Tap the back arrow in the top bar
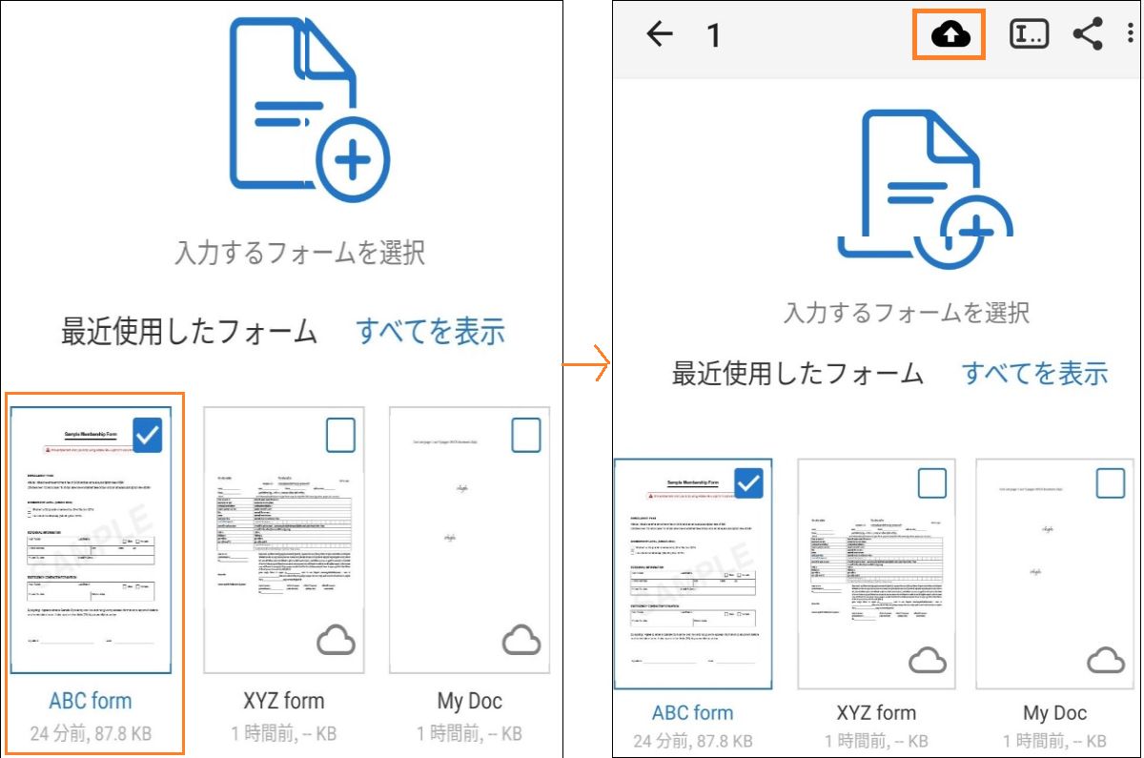click(x=660, y=35)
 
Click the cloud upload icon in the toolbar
click(x=950, y=35)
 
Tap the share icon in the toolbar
click(x=1088, y=35)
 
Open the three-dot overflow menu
click(x=1131, y=35)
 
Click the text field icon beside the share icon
click(x=1029, y=35)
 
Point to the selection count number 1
click(x=713, y=36)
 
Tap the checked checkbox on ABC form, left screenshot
click(x=148, y=435)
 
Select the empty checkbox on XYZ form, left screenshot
click(x=340, y=435)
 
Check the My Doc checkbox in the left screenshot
click(x=525, y=435)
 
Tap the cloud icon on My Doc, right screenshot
click(x=1106, y=659)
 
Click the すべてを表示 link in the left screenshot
click(x=430, y=332)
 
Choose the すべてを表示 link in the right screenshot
click(x=1034, y=373)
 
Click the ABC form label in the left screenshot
click(x=91, y=701)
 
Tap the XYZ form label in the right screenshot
click(x=875, y=713)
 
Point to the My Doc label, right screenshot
click(x=1054, y=713)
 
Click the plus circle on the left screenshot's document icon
click(x=353, y=161)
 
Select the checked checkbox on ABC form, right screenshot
click(x=749, y=483)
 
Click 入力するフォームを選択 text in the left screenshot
click(x=299, y=253)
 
